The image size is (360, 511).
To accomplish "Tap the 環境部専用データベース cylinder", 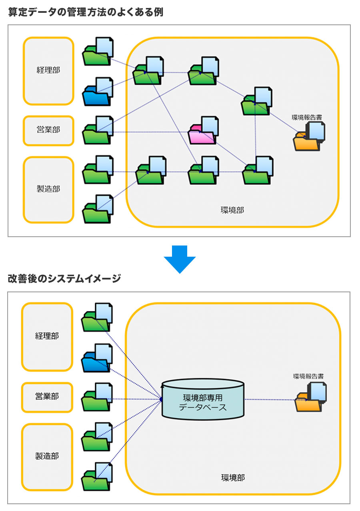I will [x=203, y=400].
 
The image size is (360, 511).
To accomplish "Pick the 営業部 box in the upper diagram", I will [x=48, y=130].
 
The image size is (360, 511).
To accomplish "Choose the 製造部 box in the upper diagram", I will [x=48, y=189].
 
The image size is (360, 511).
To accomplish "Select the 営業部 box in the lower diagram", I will [x=47, y=397].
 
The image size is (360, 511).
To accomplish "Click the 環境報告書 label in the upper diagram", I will [x=307, y=118].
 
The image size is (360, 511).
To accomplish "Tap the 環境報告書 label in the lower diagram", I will [x=308, y=376].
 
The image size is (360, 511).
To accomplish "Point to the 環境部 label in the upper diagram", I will [x=232, y=210].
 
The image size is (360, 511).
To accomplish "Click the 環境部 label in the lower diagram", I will [x=233, y=477].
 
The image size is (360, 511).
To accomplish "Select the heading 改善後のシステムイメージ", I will [x=64, y=279].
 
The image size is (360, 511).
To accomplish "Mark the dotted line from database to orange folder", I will [x=270, y=399].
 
